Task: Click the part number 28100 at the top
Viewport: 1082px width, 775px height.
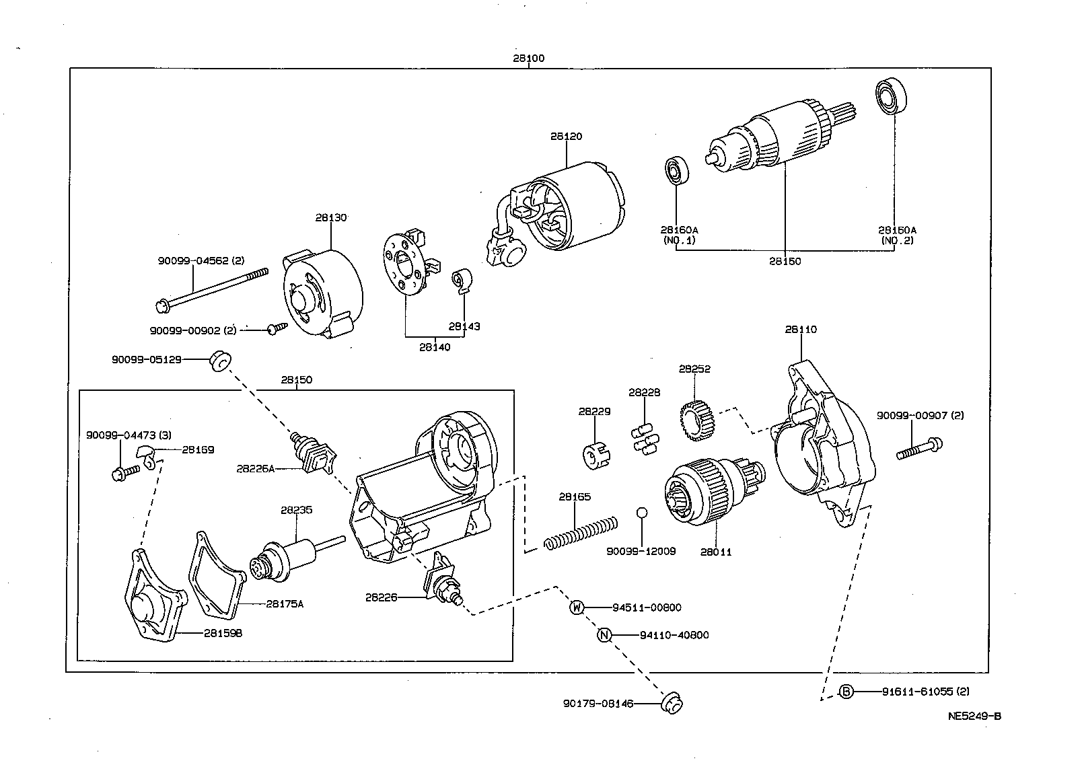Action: (528, 59)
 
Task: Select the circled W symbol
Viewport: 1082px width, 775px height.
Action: (577, 607)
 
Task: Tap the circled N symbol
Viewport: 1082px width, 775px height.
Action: (605, 635)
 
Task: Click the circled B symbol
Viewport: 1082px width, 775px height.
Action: (846, 692)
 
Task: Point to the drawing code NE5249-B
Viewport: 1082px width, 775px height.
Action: (974, 716)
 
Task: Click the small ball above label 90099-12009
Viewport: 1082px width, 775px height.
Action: (641, 513)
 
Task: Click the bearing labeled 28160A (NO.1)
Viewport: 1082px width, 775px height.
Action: (676, 170)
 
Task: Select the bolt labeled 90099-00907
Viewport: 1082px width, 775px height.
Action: (919, 449)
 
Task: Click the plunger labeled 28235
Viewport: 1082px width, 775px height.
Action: (289, 557)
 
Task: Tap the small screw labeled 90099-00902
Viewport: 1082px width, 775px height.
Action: (277, 328)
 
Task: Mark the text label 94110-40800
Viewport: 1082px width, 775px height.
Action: (674, 635)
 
